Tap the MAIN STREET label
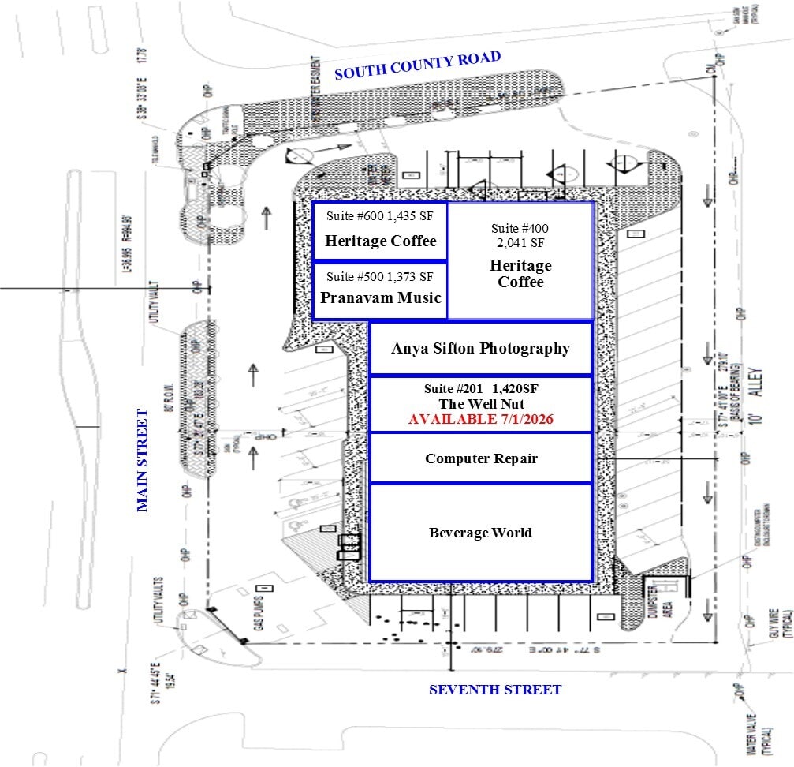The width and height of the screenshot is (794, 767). (143, 460)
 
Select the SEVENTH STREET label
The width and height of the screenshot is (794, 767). (495, 690)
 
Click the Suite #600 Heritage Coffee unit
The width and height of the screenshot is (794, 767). (380, 231)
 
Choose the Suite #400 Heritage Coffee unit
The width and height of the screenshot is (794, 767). (520, 260)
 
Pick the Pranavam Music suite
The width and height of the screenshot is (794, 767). (380, 290)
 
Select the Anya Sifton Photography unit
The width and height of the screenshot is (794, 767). (480, 348)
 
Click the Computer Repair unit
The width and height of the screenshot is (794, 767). (481, 458)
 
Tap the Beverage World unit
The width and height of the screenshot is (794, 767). (480, 533)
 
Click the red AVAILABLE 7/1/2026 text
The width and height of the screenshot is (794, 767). (480, 419)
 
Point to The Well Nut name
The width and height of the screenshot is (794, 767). (480, 404)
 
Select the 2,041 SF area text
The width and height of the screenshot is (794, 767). (520, 242)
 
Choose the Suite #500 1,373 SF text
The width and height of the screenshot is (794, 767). (380, 276)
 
